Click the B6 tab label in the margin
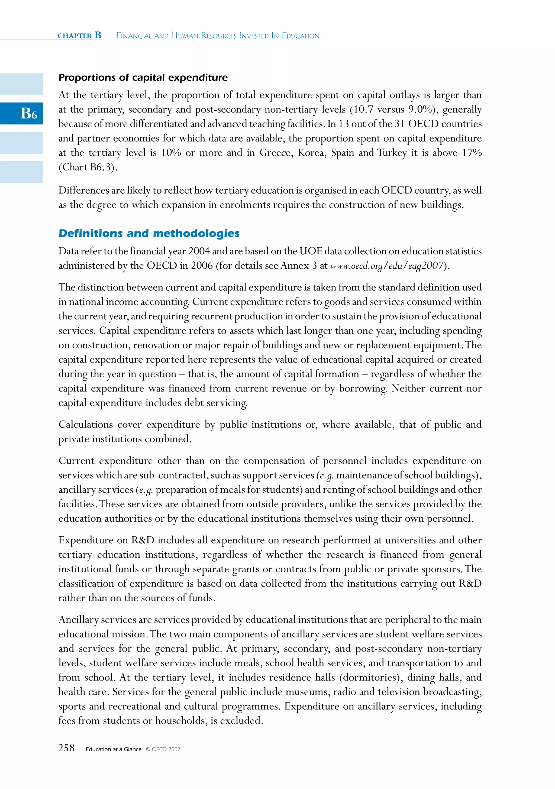28,113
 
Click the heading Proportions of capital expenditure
143,78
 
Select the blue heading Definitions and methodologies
149,233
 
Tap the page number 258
66,748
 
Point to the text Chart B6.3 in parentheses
88,167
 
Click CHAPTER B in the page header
79,36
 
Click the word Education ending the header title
300,36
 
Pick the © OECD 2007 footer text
163,749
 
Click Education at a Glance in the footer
113,749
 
